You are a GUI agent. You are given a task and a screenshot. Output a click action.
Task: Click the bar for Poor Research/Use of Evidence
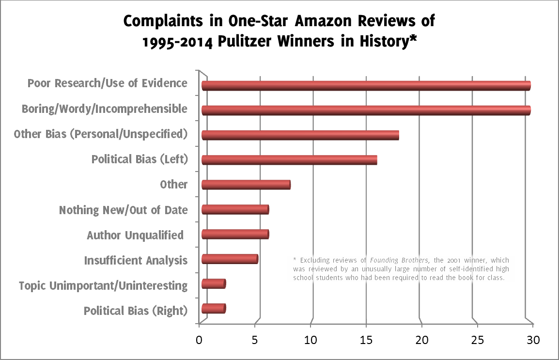coord(366,86)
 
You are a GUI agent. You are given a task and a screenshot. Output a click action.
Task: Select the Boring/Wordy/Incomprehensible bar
coord(366,110)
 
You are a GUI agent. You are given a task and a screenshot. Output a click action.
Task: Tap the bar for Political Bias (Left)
coord(289,160)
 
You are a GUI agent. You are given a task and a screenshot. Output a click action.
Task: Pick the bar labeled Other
coord(246,185)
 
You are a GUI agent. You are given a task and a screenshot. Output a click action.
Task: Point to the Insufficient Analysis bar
coord(230,259)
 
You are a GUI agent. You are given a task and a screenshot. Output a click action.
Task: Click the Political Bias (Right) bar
coord(214,309)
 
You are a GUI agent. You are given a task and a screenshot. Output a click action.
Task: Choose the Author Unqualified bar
coord(235,235)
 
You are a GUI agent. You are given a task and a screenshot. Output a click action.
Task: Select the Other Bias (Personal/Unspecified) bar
coord(300,135)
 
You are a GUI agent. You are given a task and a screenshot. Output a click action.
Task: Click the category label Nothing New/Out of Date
coord(123,210)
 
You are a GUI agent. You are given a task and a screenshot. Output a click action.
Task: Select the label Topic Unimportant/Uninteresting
coord(103,285)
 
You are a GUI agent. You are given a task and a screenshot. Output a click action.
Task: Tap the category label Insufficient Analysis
coord(136,260)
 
